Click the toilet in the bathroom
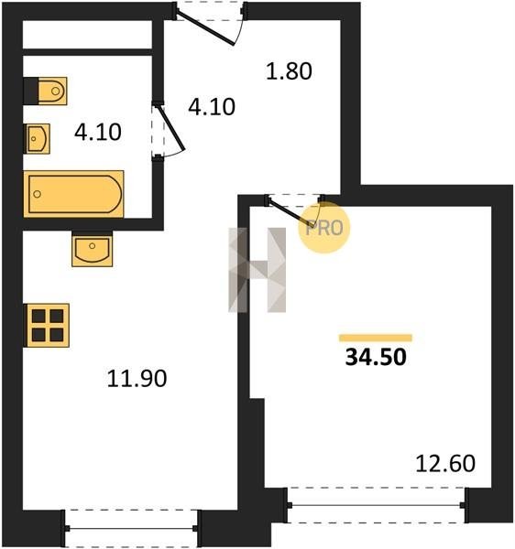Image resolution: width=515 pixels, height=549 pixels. (52, 91)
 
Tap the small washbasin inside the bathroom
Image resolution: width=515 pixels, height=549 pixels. (37, 139)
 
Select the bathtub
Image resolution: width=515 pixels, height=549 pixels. (73, 194)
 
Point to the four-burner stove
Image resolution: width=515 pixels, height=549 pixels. (46, 325)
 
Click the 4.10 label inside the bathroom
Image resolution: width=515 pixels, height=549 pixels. (98, 133)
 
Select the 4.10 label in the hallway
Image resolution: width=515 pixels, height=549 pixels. (212, 107)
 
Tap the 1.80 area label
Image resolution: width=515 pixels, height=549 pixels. (289, 71)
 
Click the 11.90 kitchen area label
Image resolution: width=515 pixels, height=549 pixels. (137, 379)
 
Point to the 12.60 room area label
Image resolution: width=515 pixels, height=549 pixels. (445, 463)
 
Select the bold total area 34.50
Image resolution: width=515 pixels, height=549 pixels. (376, 358)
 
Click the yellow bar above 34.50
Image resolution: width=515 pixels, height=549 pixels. (376, 338)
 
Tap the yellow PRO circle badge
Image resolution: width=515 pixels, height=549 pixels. (323, 228)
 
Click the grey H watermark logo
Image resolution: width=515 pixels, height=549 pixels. (257, 270)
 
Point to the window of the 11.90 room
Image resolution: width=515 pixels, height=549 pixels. (131, 528)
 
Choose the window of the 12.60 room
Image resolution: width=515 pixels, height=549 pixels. (377, 505)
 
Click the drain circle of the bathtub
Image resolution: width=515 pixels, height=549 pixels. (38, 194)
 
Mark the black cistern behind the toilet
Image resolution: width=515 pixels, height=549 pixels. (31, 91)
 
